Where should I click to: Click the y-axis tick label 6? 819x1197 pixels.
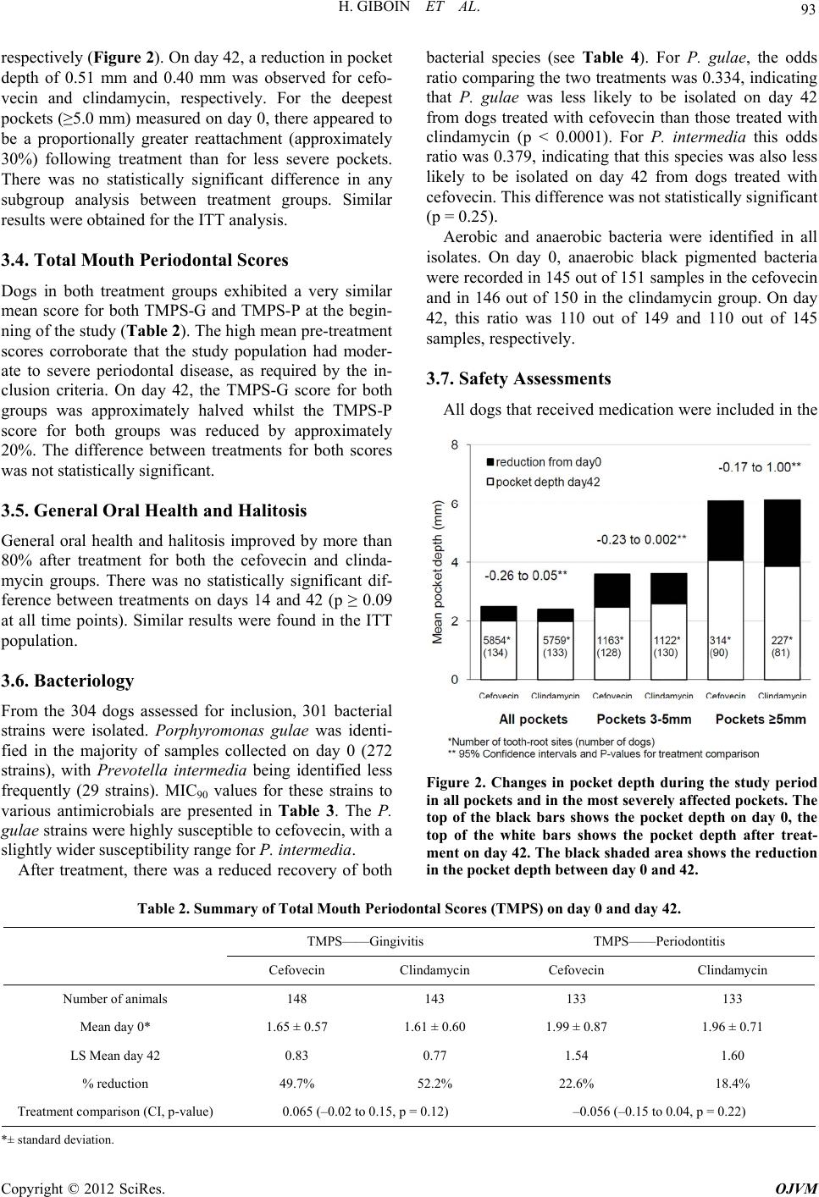point(454,504)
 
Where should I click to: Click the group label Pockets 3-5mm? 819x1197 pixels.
point(645,720)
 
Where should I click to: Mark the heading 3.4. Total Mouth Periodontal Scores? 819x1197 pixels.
point(145,259)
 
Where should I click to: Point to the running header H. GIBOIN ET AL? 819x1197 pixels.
point(410,11)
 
